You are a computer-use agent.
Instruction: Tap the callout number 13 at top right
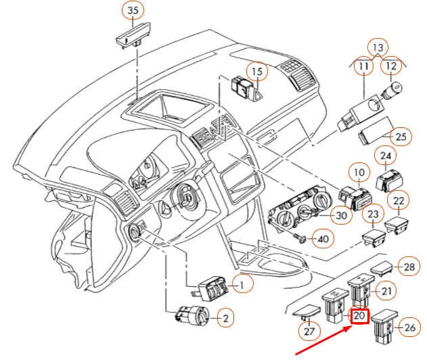coord(377,47)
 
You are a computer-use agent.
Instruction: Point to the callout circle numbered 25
coord(401,137)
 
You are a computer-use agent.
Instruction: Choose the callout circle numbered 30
coord(342,216)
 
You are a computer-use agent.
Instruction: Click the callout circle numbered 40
coord(323,239)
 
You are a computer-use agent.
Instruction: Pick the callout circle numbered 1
coord(240,286)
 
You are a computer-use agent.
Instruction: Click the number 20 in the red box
coord(359,315)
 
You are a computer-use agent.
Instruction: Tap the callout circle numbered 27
coord(308,332)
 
